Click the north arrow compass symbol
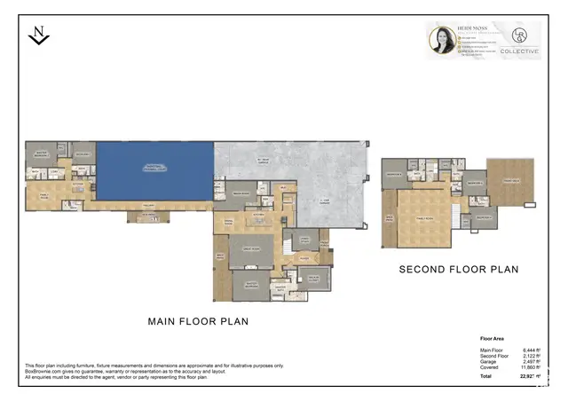pyautogui.click(x=38, y=35)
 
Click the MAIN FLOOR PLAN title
pyautogui.click(x=198, y=321)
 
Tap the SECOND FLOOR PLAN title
pyautogui.click(x=458, y=270)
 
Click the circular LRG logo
pyautogui.click(x=519, y=35)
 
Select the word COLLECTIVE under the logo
pyautogui.click(x=519, y=52)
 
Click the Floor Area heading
pyautogui.click(x=493, y=339)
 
